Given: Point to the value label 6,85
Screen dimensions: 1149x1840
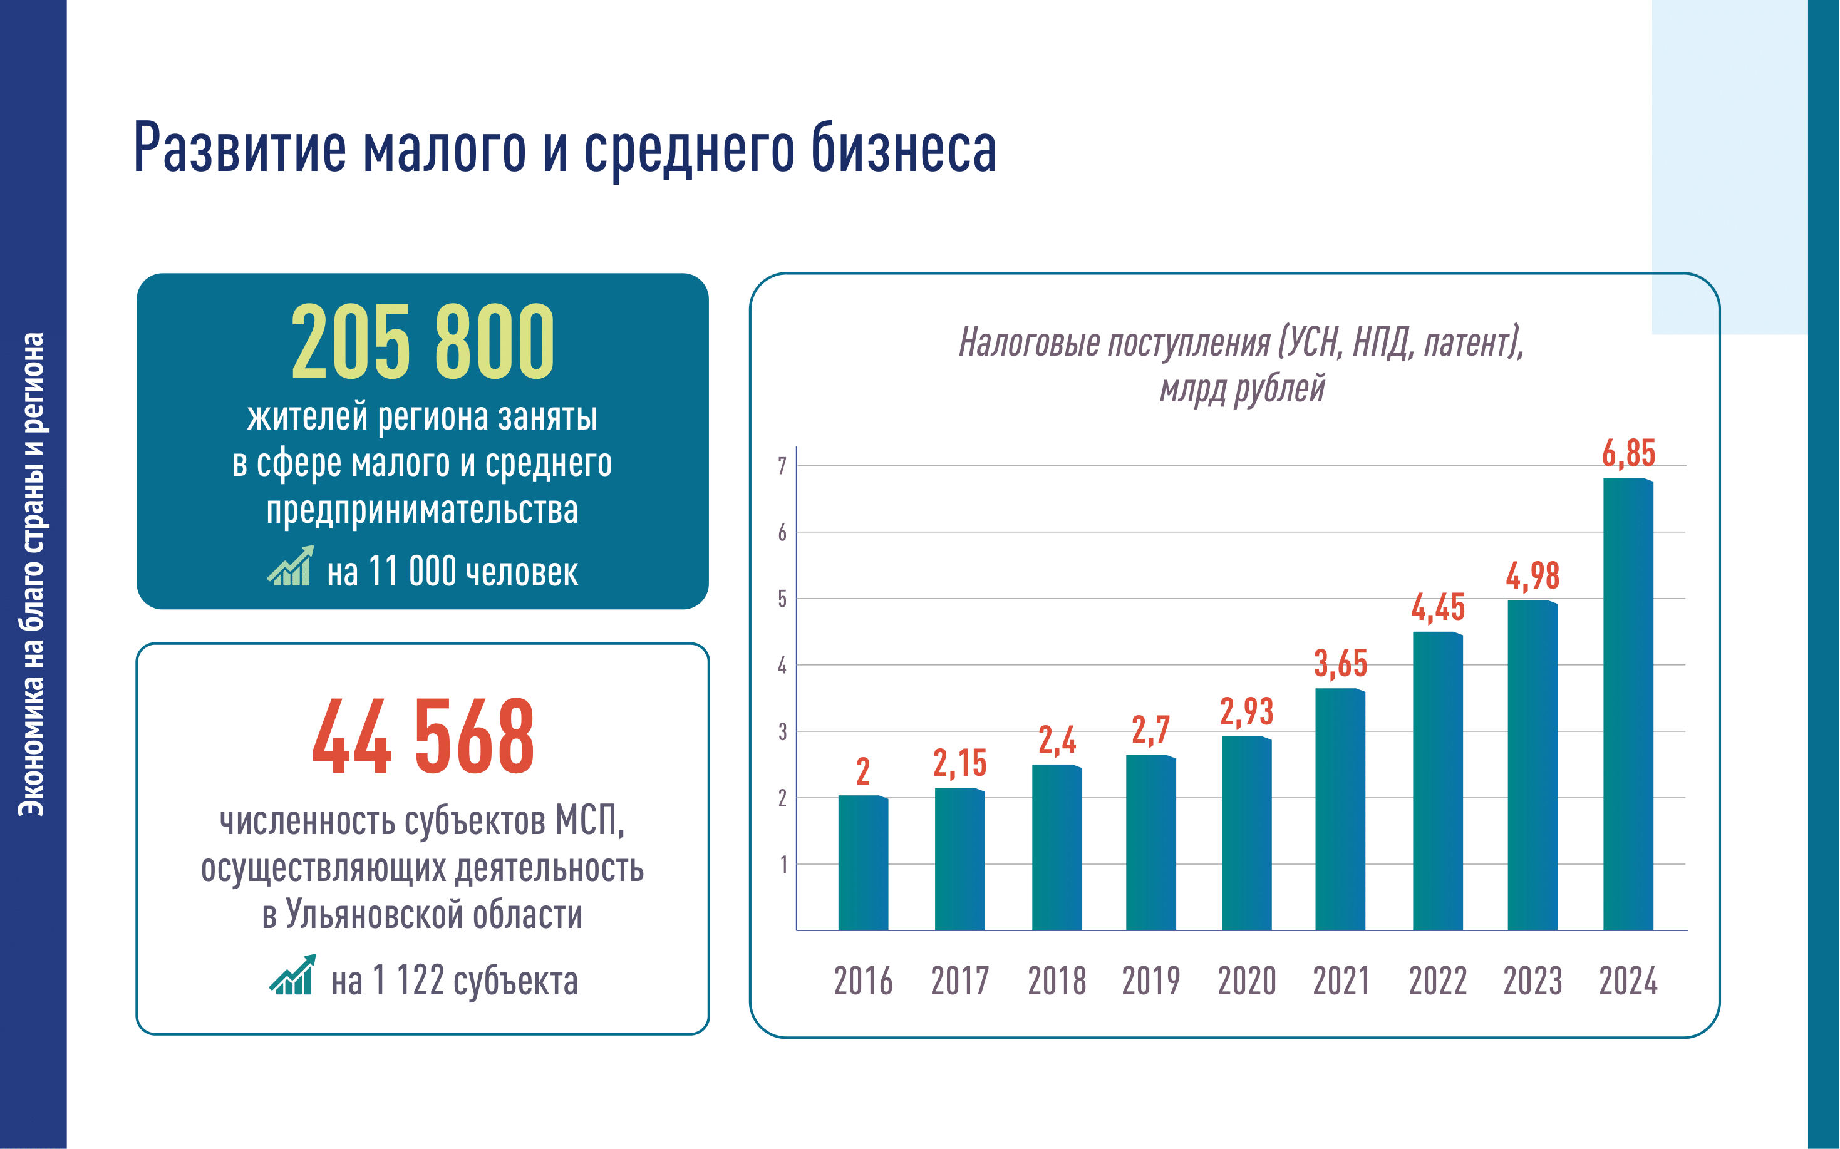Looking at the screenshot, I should [1628, 454].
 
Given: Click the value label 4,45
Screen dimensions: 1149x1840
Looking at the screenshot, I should [1437, 608].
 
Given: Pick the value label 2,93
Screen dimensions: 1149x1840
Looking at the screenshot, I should [1246, 712].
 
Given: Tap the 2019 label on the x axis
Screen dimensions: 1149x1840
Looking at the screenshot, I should [1150, 981].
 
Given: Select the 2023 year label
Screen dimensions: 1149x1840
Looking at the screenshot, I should [1532, 981].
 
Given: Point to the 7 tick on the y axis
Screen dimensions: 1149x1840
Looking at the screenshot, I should [782, 466].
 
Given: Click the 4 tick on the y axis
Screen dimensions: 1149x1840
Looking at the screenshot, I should [782, 666].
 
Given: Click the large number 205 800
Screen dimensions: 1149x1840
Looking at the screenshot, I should [423, 341].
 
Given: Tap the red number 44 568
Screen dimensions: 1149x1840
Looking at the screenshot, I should [423, 736].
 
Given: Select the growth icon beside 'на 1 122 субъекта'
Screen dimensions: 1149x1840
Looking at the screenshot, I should [292, 975].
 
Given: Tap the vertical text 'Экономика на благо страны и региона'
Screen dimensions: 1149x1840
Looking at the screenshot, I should [32, 574].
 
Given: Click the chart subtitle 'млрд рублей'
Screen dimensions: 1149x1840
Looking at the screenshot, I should [1242, 389].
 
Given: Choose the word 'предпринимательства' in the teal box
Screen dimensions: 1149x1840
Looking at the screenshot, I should [422, 510].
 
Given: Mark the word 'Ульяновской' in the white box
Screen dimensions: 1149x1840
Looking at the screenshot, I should [373, 914].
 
